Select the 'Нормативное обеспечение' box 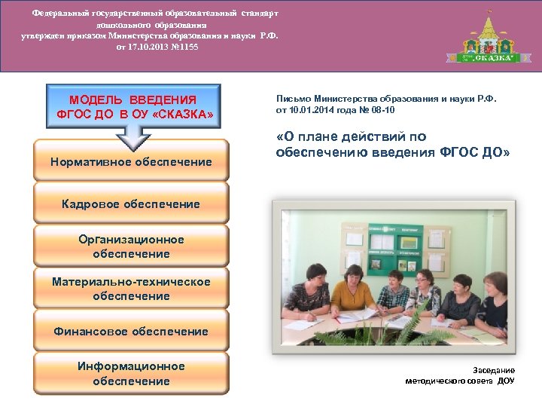(131, 161)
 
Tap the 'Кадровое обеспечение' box (131, 203)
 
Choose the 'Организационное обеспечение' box (131, 246)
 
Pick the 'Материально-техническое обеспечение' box (131, 289)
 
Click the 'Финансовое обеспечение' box (131, 331)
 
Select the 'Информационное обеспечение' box (131, 373)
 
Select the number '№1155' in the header (185, 46)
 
